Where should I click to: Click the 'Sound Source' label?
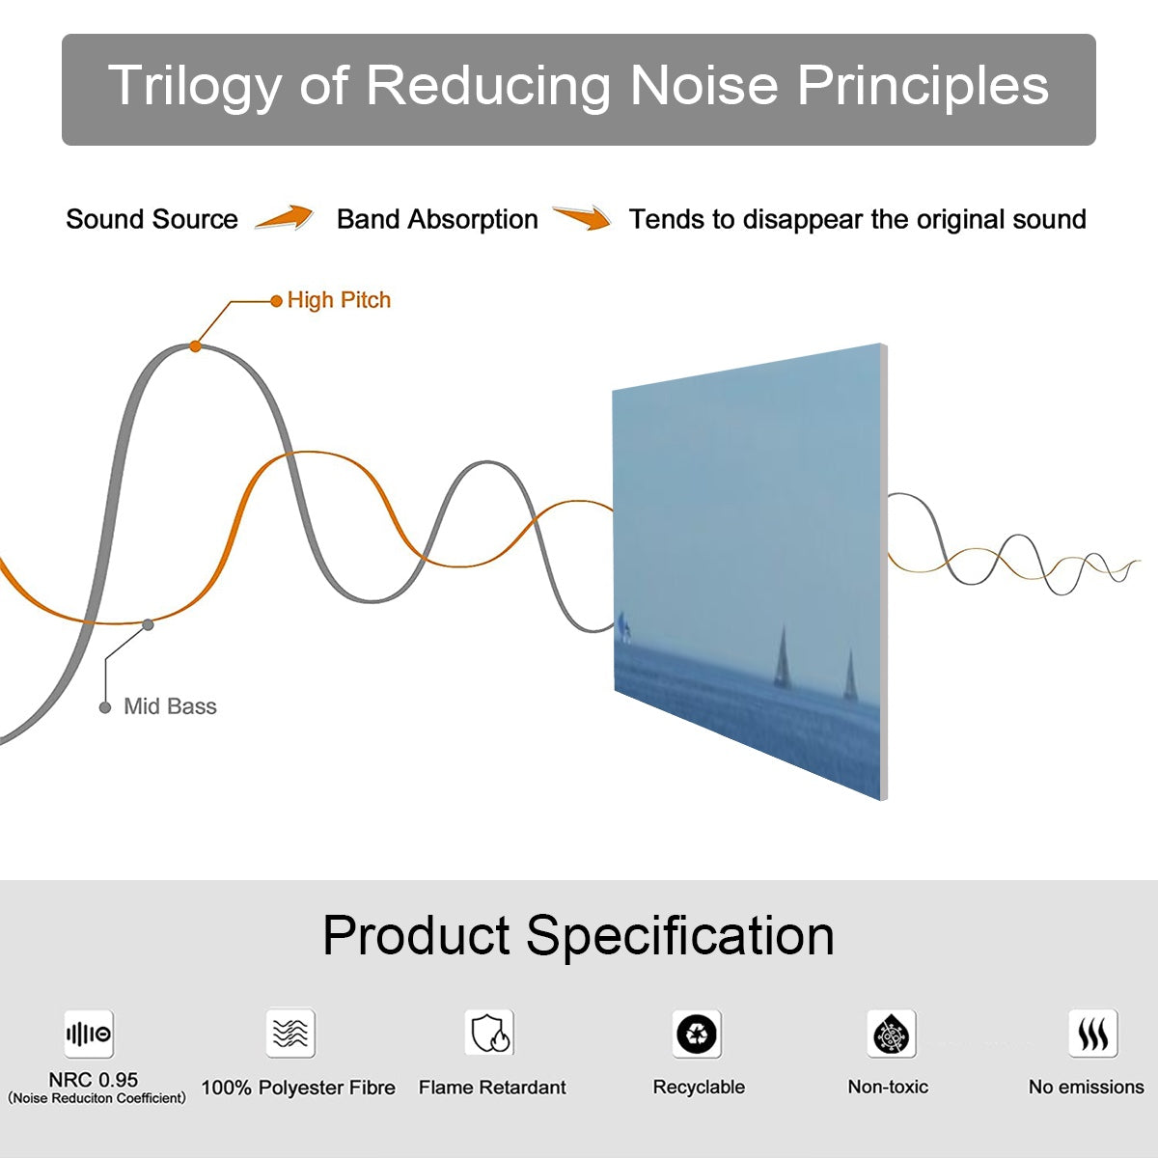click(x=152, y=219)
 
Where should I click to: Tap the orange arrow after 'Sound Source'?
click(x=285, y=218)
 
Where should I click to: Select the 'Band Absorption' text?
click(x=437, y=219)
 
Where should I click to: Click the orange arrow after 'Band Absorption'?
click(x=582, y=218)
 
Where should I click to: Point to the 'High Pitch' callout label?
click(x=339, y=300)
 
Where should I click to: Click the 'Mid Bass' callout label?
click(x=170, y=706)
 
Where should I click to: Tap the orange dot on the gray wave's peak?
click(x=195, y=345)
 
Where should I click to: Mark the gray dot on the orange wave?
click(x=148, y=624)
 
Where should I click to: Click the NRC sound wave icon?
click(x=89, y=1034)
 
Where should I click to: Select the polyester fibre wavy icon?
click(x=290, y=1034)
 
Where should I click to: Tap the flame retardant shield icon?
click(x=489, y=1034)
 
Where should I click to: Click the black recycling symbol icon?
click(x=697, y=1034)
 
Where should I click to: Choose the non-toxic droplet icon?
click(x=891, y=1034)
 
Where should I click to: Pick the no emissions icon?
click(x=1092, y=1034)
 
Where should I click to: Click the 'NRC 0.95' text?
click(x=94, y=1080)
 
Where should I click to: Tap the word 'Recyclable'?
click(x=699, y=1087)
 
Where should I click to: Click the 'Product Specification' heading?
click(x=578, y=935)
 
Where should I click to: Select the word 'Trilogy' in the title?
click(x=194, y=85)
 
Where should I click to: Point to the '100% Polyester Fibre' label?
click(x=298, y=1088)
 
